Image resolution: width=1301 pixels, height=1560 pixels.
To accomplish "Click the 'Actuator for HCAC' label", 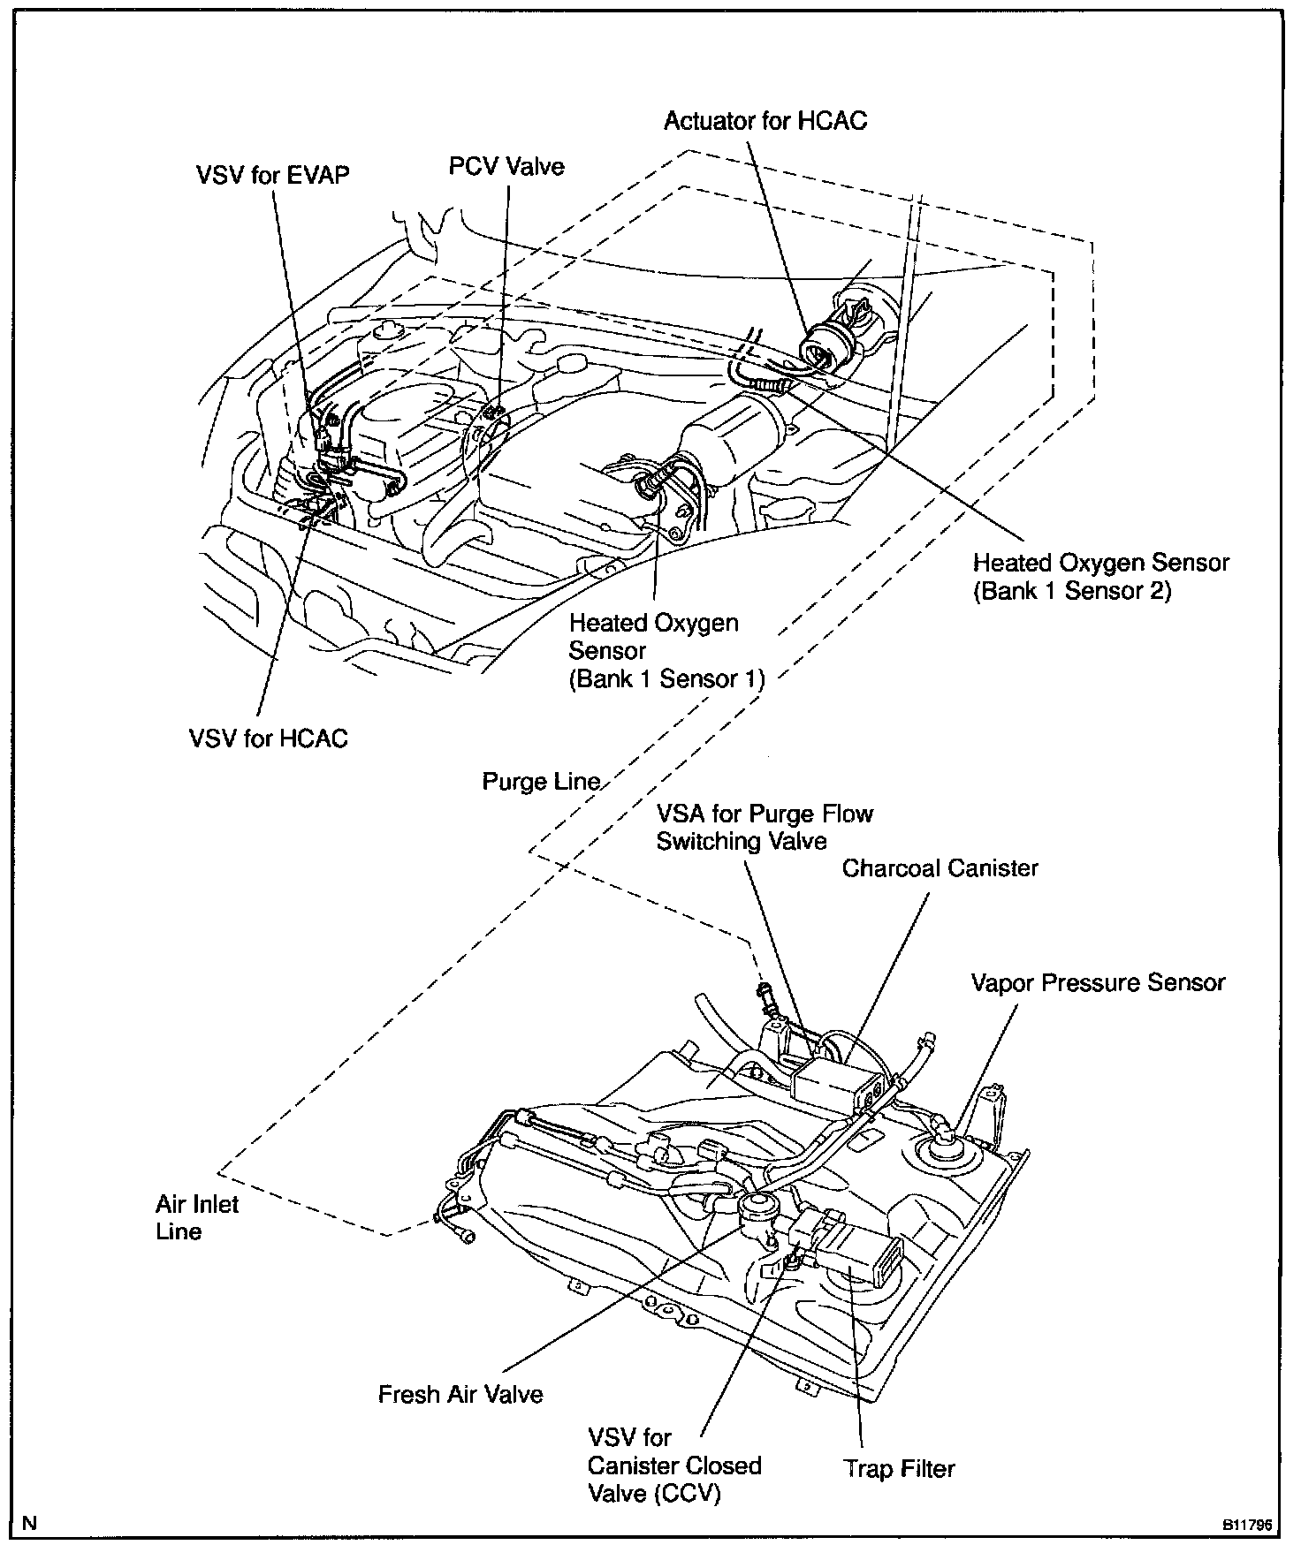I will pyautogui.click(x=765, y=120).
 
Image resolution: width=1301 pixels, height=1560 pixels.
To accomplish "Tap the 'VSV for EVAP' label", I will pyautogui.click(x=272, y=174).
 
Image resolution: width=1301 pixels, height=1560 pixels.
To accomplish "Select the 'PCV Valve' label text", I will pyautogui.click(x=506, y=166).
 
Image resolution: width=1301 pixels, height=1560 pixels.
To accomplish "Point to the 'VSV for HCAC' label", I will pyautogui.click(x=269, y=738).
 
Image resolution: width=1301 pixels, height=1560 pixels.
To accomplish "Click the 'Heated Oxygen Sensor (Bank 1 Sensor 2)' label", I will pyautogui.click(x=1100, y=577).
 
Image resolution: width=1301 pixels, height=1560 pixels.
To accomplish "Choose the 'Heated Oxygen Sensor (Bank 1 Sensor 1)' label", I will pyautogui.click(x=666, y=650).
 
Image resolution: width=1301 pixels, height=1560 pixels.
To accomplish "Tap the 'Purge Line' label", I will pyautogui.click(x=541, y=782).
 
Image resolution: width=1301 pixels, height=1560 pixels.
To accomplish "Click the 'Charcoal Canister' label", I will pyautogui.click(x=940, y=867).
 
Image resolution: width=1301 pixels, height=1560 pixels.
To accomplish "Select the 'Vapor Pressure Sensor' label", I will pyautogui.click(x=1098, y=982).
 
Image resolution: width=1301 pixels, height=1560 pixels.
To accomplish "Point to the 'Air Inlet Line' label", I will pyautogui.click(x=197, y=1217).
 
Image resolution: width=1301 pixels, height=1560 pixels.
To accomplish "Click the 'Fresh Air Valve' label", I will pyautogui.click(x=460, y=1394).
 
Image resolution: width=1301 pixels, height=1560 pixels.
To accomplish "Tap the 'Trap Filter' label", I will pyautogui.click(x=899, y=1468).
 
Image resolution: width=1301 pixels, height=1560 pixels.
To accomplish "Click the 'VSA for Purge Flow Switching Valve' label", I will pyautogui.click(x=764, y=827).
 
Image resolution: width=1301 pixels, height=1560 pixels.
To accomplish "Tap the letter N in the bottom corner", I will pyautogui.click(x=29, y=1523).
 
